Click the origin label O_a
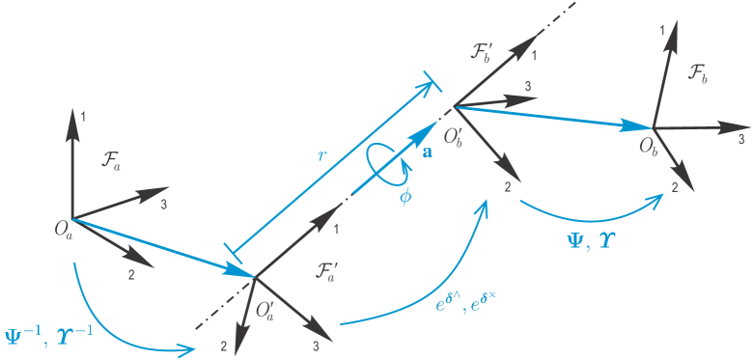click(63, 229)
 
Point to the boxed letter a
click(427, 150)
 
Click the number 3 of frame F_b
click(739, 139)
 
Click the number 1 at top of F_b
click(662, 31)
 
